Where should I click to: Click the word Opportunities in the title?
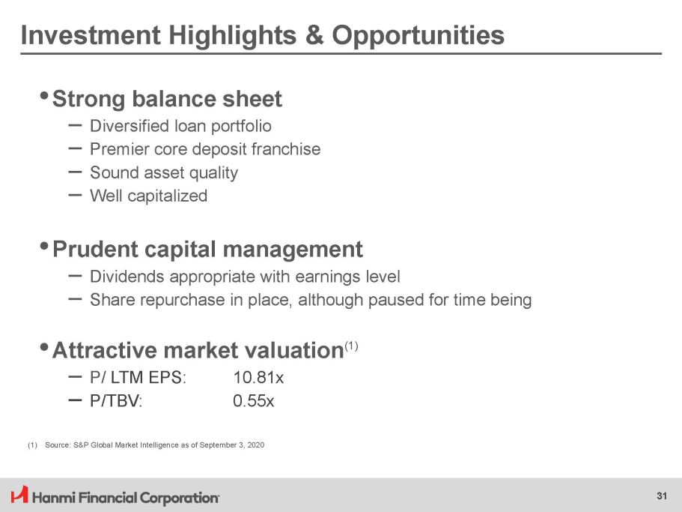(418, 35)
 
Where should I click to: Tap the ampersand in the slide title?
(314, 34)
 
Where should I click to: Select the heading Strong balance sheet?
(167, 99)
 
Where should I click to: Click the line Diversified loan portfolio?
(180, 126)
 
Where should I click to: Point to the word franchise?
(286, 149)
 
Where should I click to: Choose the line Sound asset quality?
(164, 173)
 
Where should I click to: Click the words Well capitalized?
(148, 196)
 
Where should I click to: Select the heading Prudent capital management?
(207, 250)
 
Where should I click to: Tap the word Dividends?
(127, 277)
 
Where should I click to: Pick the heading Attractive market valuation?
(198, 350)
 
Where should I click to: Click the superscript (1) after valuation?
(351, 346)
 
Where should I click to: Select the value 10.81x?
(258, 378)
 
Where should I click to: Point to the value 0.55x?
(254, 400)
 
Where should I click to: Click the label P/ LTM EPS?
(138, 378)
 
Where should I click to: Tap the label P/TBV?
(116, 400)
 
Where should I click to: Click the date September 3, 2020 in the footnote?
(232, 445)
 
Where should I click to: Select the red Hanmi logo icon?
(19, 495)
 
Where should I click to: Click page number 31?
(662, 496)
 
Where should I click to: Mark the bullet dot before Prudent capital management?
(44, 246)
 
